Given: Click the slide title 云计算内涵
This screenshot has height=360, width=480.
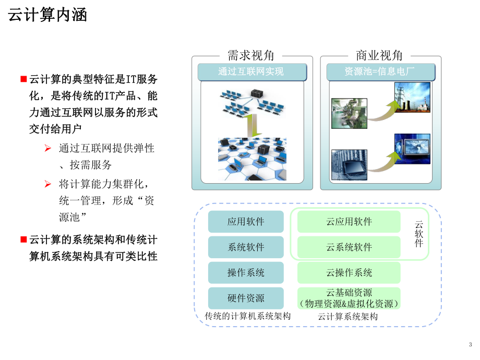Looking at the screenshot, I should (47, 15).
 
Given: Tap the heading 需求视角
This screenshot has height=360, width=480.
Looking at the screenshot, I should (251, 55).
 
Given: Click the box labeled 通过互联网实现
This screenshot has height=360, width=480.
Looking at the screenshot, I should (251, 72).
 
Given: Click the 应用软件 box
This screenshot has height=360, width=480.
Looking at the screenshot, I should (246, 222).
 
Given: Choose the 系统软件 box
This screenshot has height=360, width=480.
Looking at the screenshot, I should (246, 247).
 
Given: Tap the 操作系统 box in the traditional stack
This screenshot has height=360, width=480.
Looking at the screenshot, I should (246, 273).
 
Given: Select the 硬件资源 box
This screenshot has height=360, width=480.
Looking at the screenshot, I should (246, 298).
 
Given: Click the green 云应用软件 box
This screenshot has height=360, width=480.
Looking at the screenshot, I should (349, 222).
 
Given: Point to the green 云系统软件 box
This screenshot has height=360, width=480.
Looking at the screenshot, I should (349, 247).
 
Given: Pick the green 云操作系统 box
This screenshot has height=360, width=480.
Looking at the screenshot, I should (349, 273).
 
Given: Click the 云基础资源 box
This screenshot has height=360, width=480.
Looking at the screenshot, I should (349, 298).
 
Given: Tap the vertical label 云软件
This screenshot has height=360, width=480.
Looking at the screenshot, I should (418, 234).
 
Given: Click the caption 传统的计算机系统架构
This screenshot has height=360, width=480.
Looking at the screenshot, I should (248, 316).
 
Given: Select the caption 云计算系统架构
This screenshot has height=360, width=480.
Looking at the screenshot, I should (348, 316).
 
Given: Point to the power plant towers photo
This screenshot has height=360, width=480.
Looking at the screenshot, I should (412, 97).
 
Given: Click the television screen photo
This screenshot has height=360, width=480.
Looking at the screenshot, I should (412, 150).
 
